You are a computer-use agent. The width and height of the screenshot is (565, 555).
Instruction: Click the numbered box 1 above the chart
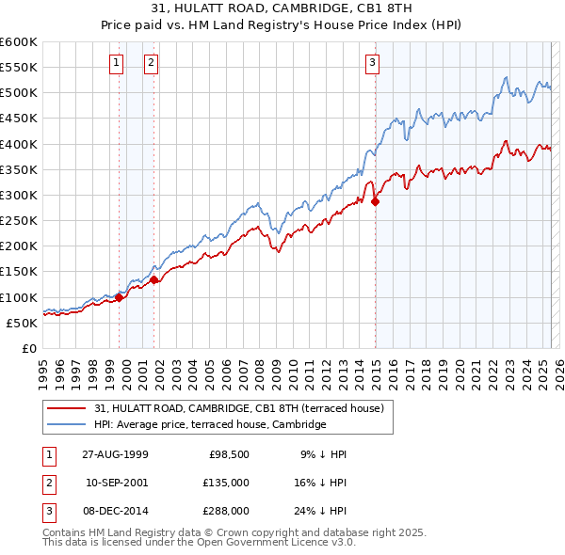coord(116,63)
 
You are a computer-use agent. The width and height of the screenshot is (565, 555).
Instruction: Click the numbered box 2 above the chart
coord(151,63)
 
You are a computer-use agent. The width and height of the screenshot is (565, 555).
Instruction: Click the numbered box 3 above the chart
coord(372,63)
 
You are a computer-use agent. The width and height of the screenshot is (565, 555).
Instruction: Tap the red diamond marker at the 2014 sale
coord(375,201)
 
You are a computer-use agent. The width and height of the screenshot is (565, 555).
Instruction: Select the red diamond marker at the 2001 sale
coord(153,278)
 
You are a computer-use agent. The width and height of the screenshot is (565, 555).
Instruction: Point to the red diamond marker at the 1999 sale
coord(120,297)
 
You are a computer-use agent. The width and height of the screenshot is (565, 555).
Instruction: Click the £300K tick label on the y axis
coord(18,196)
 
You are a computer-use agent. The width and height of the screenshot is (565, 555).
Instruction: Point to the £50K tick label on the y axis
coord(22,323)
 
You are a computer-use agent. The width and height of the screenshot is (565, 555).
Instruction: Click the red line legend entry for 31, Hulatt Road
coord(239,409)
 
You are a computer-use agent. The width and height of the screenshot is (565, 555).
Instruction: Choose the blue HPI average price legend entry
coord(209,425)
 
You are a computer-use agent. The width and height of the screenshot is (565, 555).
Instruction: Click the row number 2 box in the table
coord(48,483)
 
